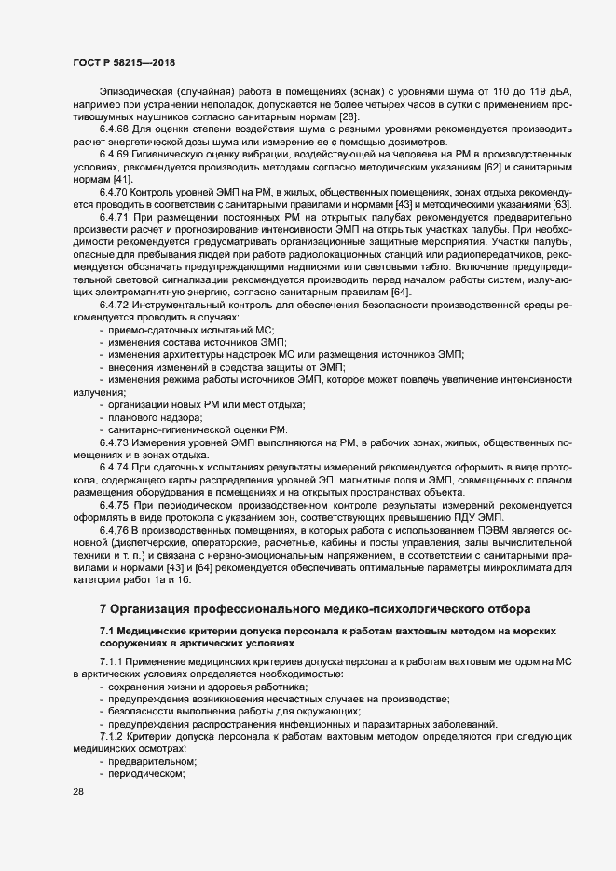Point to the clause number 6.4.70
[115, 191]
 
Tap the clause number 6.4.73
[115, 442]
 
